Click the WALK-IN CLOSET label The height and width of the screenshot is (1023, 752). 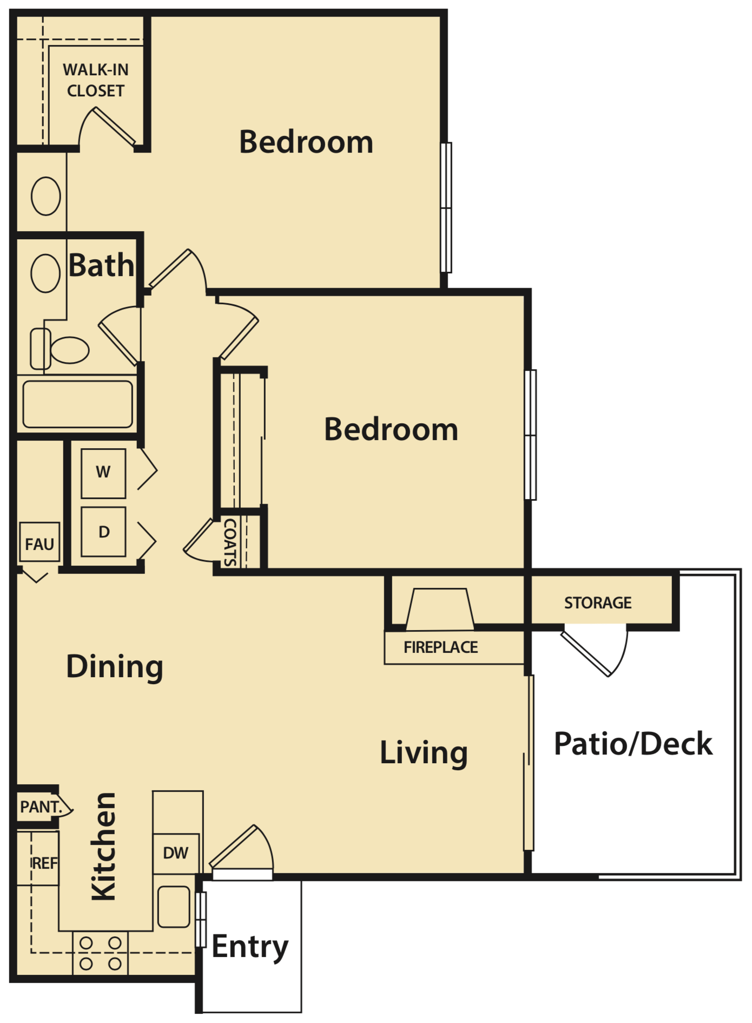96,80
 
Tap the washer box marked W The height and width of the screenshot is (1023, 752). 103,473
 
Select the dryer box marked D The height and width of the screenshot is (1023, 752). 103,532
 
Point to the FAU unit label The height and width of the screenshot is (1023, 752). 39,544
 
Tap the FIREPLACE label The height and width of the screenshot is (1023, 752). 440,647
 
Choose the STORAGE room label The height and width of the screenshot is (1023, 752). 598,602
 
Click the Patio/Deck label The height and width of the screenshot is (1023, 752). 633,744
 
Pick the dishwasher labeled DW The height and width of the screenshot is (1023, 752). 176,854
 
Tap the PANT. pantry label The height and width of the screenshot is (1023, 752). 41,807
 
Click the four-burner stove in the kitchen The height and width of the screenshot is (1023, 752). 100,953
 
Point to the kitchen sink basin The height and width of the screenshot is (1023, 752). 174,907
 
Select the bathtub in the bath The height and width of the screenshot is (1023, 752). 77,404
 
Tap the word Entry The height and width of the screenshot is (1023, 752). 250,947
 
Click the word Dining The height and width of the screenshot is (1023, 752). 114,666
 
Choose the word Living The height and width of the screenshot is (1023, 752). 424,753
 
